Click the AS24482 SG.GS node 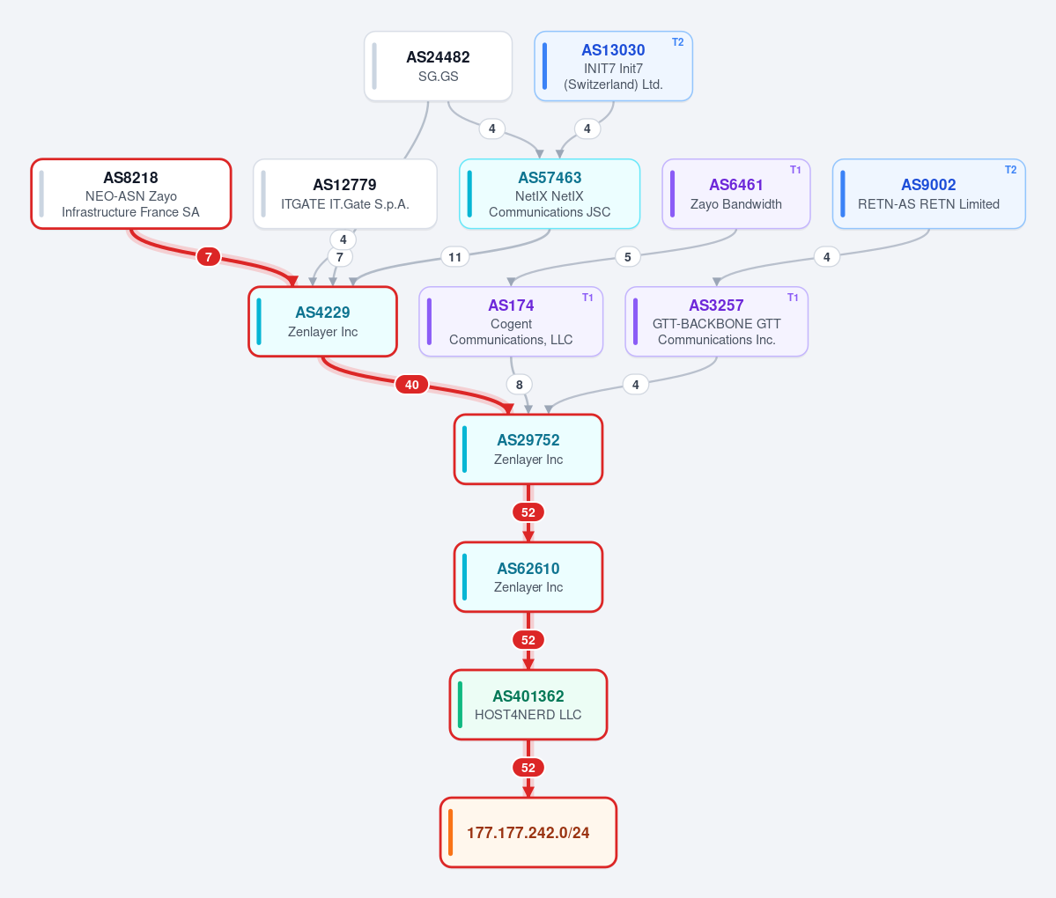438,66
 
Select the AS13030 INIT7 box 613,66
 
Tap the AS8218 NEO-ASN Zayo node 130,194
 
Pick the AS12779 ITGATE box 345,194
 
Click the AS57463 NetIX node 550,194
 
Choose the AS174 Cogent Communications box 511,321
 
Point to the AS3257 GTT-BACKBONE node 716,321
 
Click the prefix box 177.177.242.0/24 528,833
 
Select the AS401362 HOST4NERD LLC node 528,705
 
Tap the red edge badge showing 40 411,385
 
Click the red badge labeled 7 209,256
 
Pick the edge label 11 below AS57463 455,256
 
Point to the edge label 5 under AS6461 628,256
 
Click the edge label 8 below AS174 520,385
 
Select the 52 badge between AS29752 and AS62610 528,512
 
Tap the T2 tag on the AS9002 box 1010,170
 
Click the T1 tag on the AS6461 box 795,170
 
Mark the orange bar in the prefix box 451,833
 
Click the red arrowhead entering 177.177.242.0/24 528,791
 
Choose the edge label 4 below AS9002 826,256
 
